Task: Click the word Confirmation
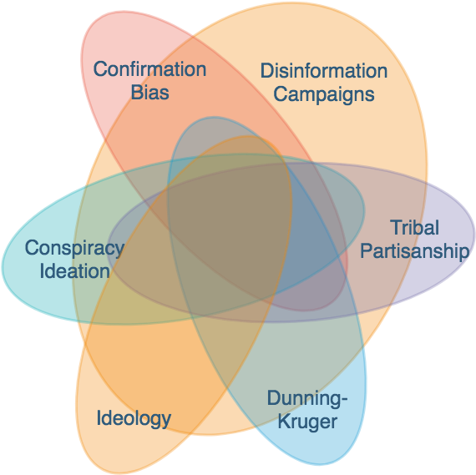(149, 69)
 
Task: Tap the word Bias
(149, 92)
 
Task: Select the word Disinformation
(324, 71)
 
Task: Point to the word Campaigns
(324, 93)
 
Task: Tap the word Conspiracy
(73, 248)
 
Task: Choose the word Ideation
(73, 270)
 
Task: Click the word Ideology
(134, 417)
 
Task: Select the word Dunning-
(306, 399)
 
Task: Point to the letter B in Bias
(136, 92)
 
